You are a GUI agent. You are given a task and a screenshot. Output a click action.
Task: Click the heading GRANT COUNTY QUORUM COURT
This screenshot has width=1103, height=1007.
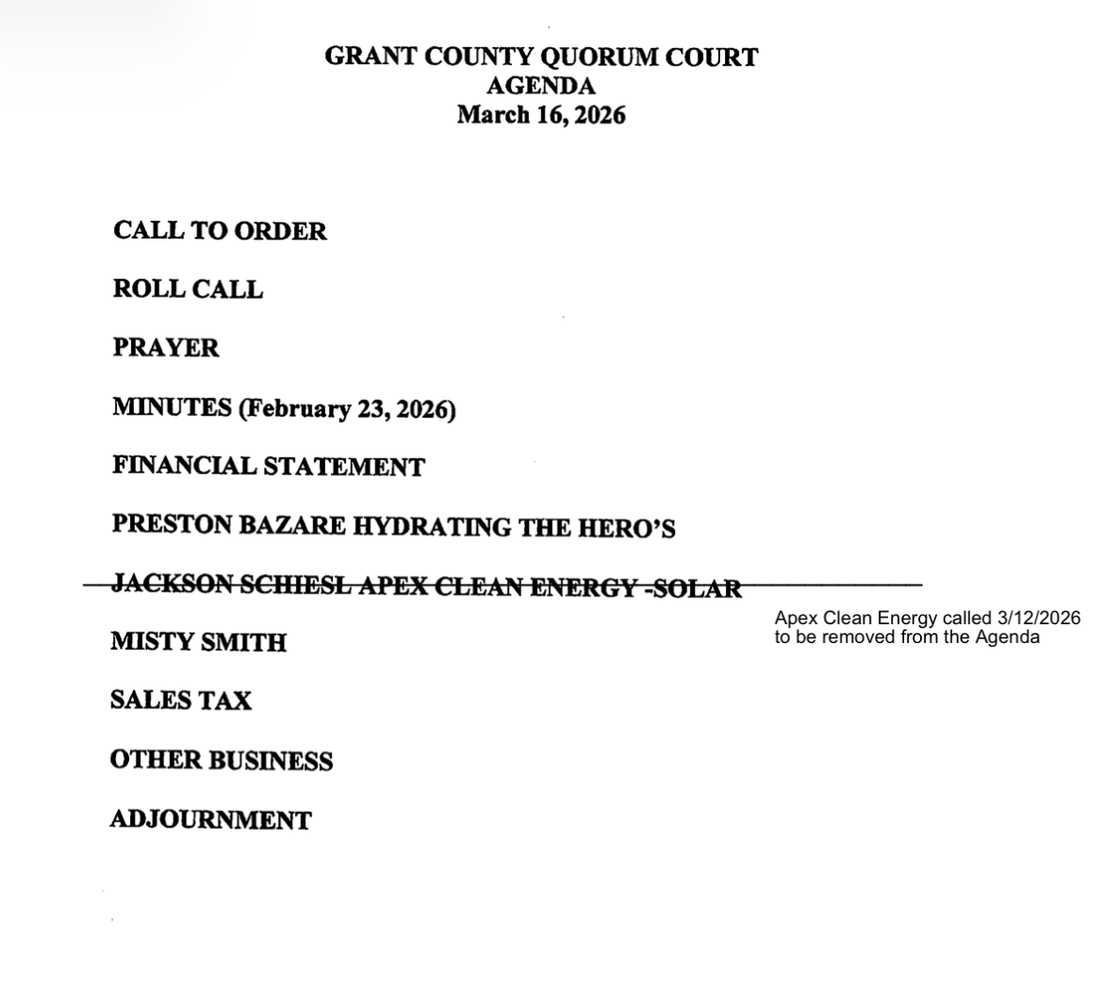click(x=540, y=58)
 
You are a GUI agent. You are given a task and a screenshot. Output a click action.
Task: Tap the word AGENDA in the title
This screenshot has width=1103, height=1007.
click(x=540, y=87)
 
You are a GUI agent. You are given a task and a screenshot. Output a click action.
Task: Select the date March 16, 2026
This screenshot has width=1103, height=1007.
click(x=540, y=116)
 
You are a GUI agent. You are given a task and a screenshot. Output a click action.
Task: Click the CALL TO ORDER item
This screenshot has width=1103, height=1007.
click(x=220, y=232)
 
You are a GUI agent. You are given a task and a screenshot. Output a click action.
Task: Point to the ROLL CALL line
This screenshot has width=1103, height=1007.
click(x=188, y=289)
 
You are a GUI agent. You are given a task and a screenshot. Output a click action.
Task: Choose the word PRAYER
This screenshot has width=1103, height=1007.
click(x=166, y=349)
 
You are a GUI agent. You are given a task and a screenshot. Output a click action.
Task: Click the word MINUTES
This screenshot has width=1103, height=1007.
click(x=172, y=408)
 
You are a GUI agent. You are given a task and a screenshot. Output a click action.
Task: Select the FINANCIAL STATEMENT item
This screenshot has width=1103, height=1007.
click(x=269, y=467)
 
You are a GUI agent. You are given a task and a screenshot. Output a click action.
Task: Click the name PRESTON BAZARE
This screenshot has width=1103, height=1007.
click(x=228, y=525)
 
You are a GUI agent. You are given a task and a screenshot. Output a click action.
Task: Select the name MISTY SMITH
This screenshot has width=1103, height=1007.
click(x=198, y=642)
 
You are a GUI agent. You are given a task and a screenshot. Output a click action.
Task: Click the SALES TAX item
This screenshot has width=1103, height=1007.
click(x=180, y=701)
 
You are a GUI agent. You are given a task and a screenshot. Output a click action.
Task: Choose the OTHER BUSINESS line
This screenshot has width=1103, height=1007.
click(x=221, y=761)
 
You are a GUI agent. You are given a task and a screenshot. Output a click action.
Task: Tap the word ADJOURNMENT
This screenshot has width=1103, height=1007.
click(x=210, y=820)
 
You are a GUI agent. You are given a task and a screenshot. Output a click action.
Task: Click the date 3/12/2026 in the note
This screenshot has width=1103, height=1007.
click(x=1039, y=619)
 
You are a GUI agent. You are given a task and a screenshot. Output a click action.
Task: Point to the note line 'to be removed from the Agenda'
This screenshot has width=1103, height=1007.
click(x=907, y=636)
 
